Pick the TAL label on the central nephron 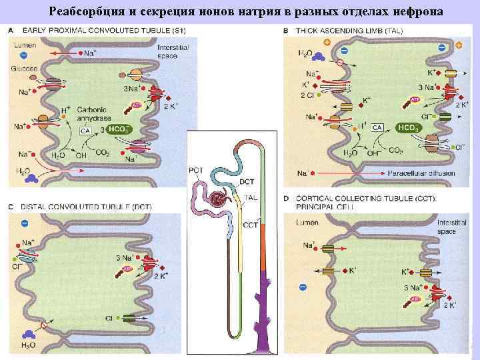pyautogui.click(x=251, y=198)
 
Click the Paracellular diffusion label pyautogui.click(x=420, y=174)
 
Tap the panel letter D pyautogui.click(x=287, y=198)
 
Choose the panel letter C pyautogui.click(x=11, y=207)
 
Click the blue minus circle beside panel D pyautogui.click(x=303, y=286)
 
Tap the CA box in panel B pyautogui.click(x=377, y=127)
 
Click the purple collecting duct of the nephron pyautogui.click(x=264, y=313)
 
